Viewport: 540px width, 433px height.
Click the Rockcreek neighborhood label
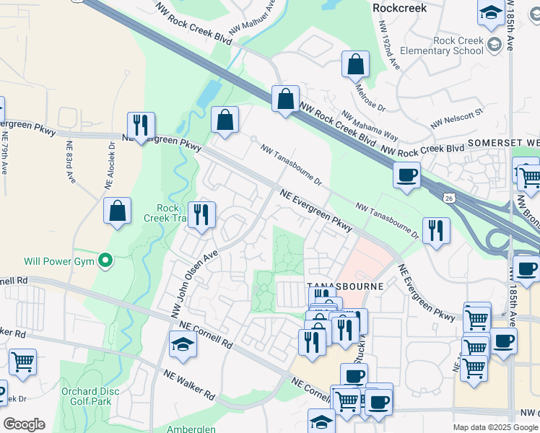click(x=399, y=8)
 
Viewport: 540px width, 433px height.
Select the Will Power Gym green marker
click(x=105, y=260)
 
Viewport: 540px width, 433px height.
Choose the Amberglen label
click(x=191, y=429)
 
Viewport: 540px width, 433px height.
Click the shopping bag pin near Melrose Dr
click(x=355, y=64)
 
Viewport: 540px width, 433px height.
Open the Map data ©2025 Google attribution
click(x=495, y=427)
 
